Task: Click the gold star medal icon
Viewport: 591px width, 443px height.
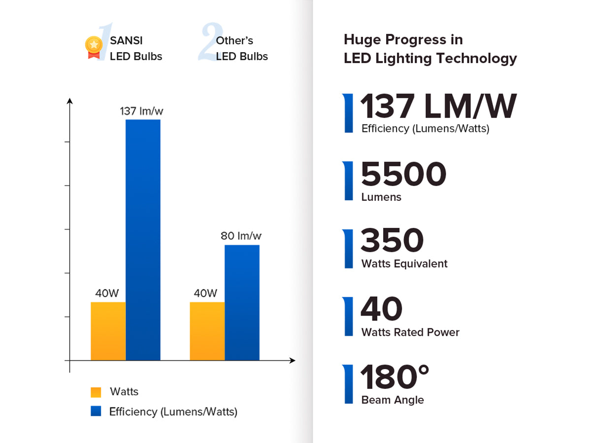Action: coord(93,46)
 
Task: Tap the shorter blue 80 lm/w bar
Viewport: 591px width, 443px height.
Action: coord(242,302)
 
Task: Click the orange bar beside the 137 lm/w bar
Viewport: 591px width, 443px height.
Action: coord(108,331)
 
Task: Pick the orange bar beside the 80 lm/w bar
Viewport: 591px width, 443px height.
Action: coord(207,331)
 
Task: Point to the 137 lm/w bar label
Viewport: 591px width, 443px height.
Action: coord(142,111)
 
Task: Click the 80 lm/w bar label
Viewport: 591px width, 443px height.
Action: coord(241,236)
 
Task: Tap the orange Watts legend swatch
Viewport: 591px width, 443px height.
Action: coord(96,392)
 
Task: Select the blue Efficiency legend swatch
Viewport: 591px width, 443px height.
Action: coord(96,411)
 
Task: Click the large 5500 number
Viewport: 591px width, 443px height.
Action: coord(403,174)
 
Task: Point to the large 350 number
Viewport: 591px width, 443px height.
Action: coord(392,241)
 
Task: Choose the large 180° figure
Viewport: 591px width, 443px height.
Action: coord(395,378)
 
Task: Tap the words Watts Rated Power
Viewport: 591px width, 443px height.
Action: coord(410,332)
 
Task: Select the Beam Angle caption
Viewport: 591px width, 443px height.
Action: coord(393,400)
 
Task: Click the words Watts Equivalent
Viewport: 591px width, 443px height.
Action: coord(404,264)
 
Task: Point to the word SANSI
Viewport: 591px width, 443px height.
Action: coord(126,40)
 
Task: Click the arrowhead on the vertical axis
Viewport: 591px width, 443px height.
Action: coord(70,101)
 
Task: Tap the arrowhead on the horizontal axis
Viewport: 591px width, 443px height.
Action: coord(292,360)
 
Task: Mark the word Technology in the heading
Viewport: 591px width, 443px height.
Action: coord(476,59)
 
